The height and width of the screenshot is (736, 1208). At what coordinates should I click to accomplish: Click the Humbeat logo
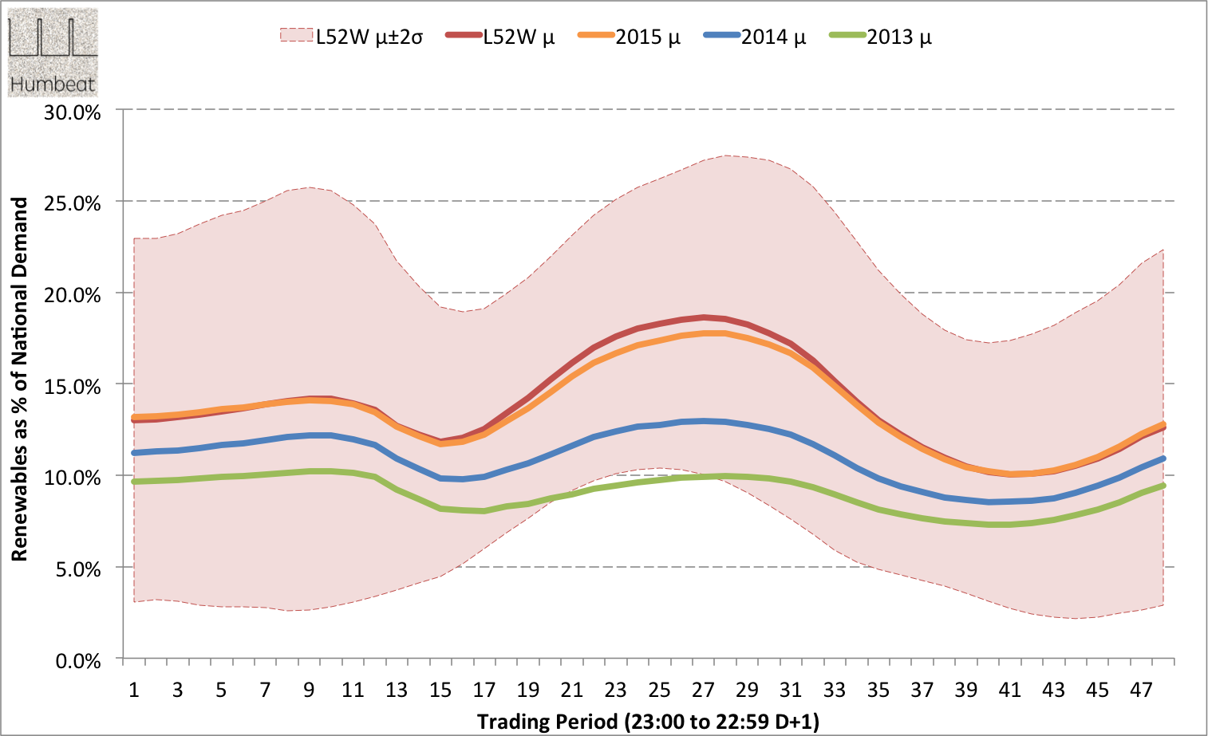click(x=53, y=53)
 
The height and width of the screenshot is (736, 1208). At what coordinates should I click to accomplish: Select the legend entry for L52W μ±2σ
click(x=351, y=37)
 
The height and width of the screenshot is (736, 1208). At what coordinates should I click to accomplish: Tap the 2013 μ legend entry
click(x=881, y=37)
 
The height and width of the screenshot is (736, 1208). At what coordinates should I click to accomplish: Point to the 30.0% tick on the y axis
click(x=73, y=112)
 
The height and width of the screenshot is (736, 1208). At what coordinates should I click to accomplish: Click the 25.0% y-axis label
click(x=73, y=203)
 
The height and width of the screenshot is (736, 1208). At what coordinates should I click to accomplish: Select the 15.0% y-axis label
click(x=73, y=387)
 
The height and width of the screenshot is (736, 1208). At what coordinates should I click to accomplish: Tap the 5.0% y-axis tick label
click(x=77, y=569)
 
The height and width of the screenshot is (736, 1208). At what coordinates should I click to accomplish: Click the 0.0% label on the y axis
click(x=77, y=661)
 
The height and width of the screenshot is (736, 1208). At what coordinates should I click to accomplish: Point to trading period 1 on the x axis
click(x=134, y=690)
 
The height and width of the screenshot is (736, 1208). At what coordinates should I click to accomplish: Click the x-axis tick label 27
click(x=703, y=690)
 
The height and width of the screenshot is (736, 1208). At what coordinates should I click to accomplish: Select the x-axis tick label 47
click(x=1141, y=690)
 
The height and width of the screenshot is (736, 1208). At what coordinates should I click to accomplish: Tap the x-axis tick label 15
click(x=440, y=690)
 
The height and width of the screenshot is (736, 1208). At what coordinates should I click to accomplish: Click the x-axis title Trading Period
click(x=648, y=722)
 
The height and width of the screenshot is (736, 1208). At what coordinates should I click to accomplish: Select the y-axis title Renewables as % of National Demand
click(x=20, y=379)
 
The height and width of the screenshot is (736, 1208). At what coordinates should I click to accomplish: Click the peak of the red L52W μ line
click(x=704, y=317)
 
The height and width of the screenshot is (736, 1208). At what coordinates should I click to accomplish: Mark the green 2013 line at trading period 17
click(x=484, y=510)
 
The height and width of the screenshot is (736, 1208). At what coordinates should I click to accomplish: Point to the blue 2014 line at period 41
click(x=1010, y=502)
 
